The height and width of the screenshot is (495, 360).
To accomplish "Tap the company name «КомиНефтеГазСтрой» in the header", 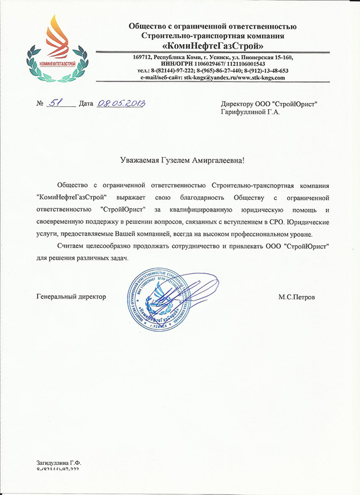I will coord(213,45).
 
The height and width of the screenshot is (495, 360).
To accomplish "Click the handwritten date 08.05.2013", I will coord(121,103).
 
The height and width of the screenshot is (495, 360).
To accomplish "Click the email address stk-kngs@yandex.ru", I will coord(211,77).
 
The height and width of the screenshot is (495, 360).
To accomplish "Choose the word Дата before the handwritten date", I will coord(86,103).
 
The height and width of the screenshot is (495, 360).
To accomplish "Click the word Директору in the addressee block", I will coord(236,103).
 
